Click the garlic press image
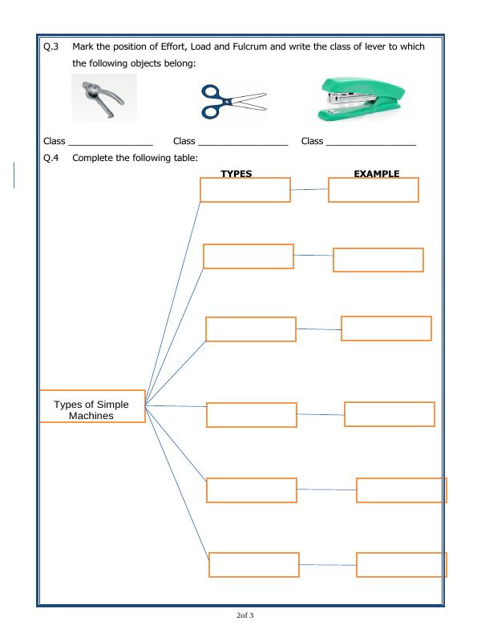(x=103, y=99)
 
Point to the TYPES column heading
(x=236, y=173)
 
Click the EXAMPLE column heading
(x=377, y=173)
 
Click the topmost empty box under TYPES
(x=245, y=190)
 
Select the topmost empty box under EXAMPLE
(x=374, y=190)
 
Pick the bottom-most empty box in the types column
(x=254, y=565)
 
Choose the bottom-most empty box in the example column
(x=402, y=565)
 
